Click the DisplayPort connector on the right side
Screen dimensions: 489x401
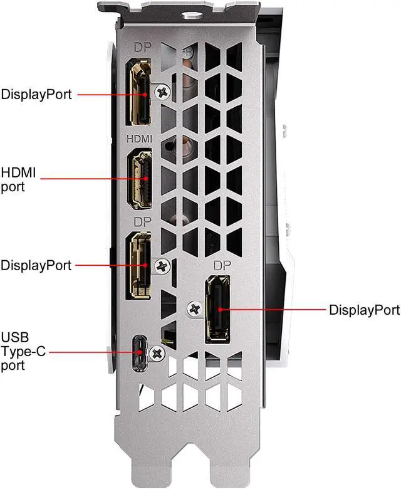point(217,309)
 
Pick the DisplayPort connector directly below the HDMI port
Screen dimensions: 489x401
point(139,265)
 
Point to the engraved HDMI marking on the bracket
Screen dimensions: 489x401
point(139,139)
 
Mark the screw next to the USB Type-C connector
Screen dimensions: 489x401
point(157,352)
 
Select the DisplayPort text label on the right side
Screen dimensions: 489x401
point(364,310)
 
